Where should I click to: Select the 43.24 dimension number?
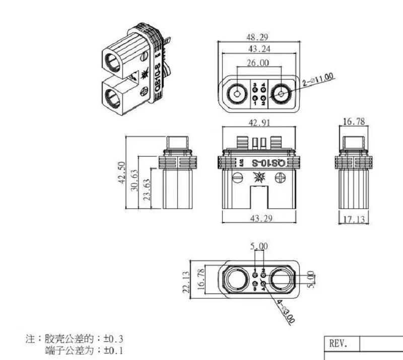pos(256,49)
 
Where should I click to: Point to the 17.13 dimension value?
pos(355,219)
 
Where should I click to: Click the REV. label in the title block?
pos(338,344)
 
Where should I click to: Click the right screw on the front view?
pos(280,177)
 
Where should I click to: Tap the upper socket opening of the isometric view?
pos(114,64)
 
